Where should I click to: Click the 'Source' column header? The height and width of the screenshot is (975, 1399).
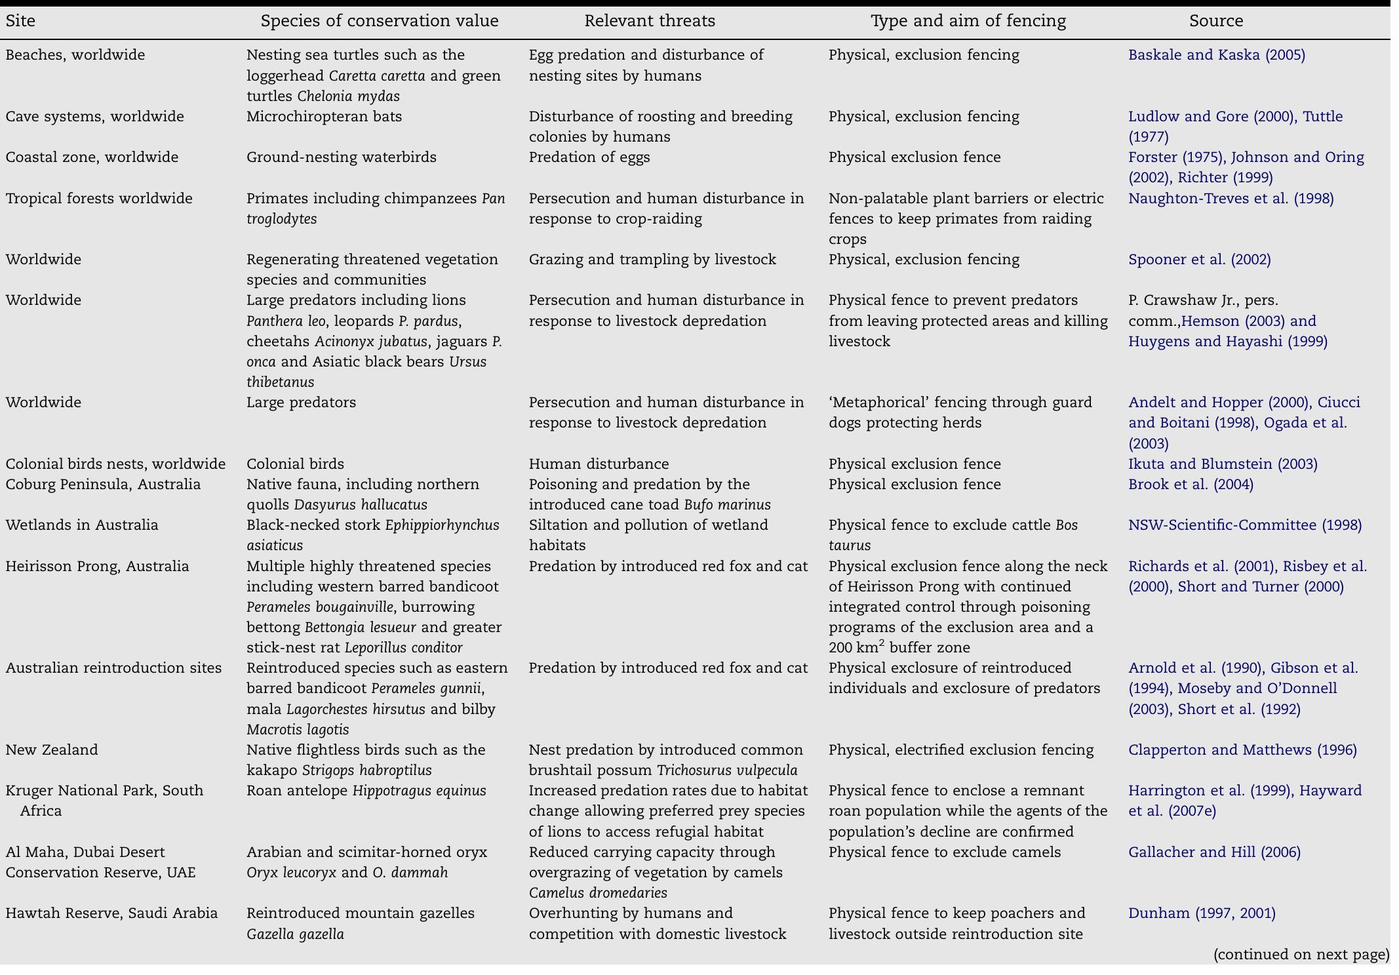(x=1215, y=21)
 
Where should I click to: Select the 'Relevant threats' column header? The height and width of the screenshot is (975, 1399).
(x=649, y=21)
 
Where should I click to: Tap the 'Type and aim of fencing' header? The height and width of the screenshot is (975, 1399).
(x=968, y=21)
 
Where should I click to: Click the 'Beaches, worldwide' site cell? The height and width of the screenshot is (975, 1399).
(x=75, y=55)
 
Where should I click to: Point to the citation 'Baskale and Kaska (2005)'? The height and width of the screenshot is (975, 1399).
(x=1216, y=55)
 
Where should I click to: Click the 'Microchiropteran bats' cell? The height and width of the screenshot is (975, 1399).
(x=324, y=117)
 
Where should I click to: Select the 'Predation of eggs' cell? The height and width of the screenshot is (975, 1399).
(x=589, y=157)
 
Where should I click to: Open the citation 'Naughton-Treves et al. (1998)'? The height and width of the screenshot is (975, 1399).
(x=1231, y=199)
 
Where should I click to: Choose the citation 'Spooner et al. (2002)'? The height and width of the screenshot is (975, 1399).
(x=1199, y=260)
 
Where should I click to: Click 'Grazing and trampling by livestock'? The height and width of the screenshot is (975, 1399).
(x=652, y=260)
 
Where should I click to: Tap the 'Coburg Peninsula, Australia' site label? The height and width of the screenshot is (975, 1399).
(x=103, y=485)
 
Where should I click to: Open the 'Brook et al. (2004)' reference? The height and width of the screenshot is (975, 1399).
(x=1191, y=485)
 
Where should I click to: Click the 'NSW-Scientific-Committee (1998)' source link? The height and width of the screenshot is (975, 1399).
(x=1244, y=525)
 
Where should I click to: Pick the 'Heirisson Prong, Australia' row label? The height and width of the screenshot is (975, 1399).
(x=97, y=567)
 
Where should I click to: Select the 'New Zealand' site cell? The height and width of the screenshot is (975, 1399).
(x=52, y=750)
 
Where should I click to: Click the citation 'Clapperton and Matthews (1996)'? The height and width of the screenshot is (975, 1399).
(x=1242, y=750)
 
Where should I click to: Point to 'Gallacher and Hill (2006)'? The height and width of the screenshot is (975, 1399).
(x=1214, y=852)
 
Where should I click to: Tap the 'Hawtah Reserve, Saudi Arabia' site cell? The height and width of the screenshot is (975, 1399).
(x=111, y=913)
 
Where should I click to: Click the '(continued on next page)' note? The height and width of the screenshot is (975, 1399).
(x=1301, y=955)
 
